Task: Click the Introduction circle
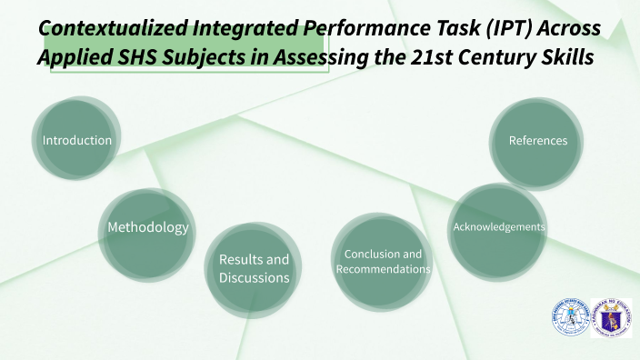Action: tap(77, 141)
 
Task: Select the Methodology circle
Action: tap(148, 227)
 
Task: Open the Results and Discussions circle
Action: tap(254, 268)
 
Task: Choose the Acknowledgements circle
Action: tap(499, 226)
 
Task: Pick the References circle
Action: tap(537, 141)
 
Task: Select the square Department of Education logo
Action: tap(610, 318)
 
